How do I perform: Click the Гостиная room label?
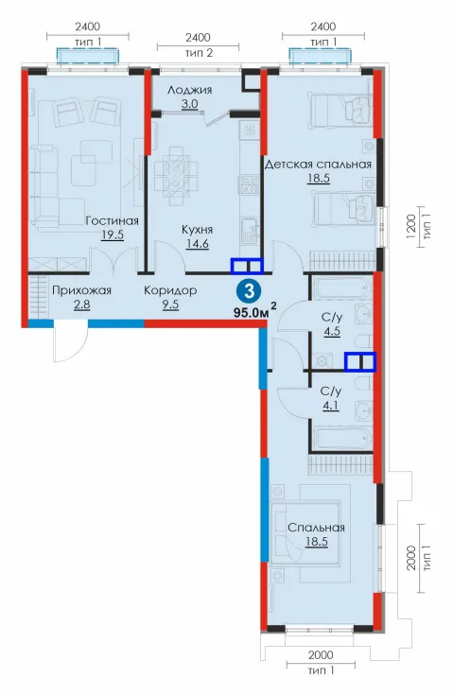(112, 220)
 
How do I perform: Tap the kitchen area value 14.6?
(198, 243)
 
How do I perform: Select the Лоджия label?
(189, 91)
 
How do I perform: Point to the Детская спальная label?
(318, 165)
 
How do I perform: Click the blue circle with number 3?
(250, 291)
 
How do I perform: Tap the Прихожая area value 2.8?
(81, 304)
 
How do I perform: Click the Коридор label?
(170, 291)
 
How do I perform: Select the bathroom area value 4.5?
(332, 331)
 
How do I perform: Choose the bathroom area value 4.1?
(331, 406)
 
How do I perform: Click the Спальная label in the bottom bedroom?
(316, 528)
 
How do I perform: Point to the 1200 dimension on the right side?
(410, 227)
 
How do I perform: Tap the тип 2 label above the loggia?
(199, 53)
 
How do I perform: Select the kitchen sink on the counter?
(250, 231)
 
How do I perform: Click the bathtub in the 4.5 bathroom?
(340, 287)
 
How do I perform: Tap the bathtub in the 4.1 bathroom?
(341, 438)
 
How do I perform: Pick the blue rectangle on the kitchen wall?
(247, 266)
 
